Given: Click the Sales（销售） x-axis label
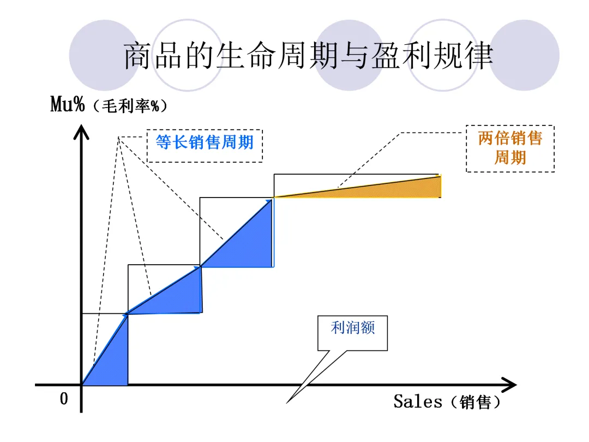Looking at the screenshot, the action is click(x=447, y=402).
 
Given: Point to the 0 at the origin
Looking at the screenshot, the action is click(x=64, y=399).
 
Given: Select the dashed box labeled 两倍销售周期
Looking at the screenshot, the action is click(x=510, y=148).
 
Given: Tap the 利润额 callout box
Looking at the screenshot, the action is click(x=353, y=332).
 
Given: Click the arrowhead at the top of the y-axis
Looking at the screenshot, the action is click(x=81, y=132).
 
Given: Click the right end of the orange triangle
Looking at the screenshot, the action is click(x=439, y=186).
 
